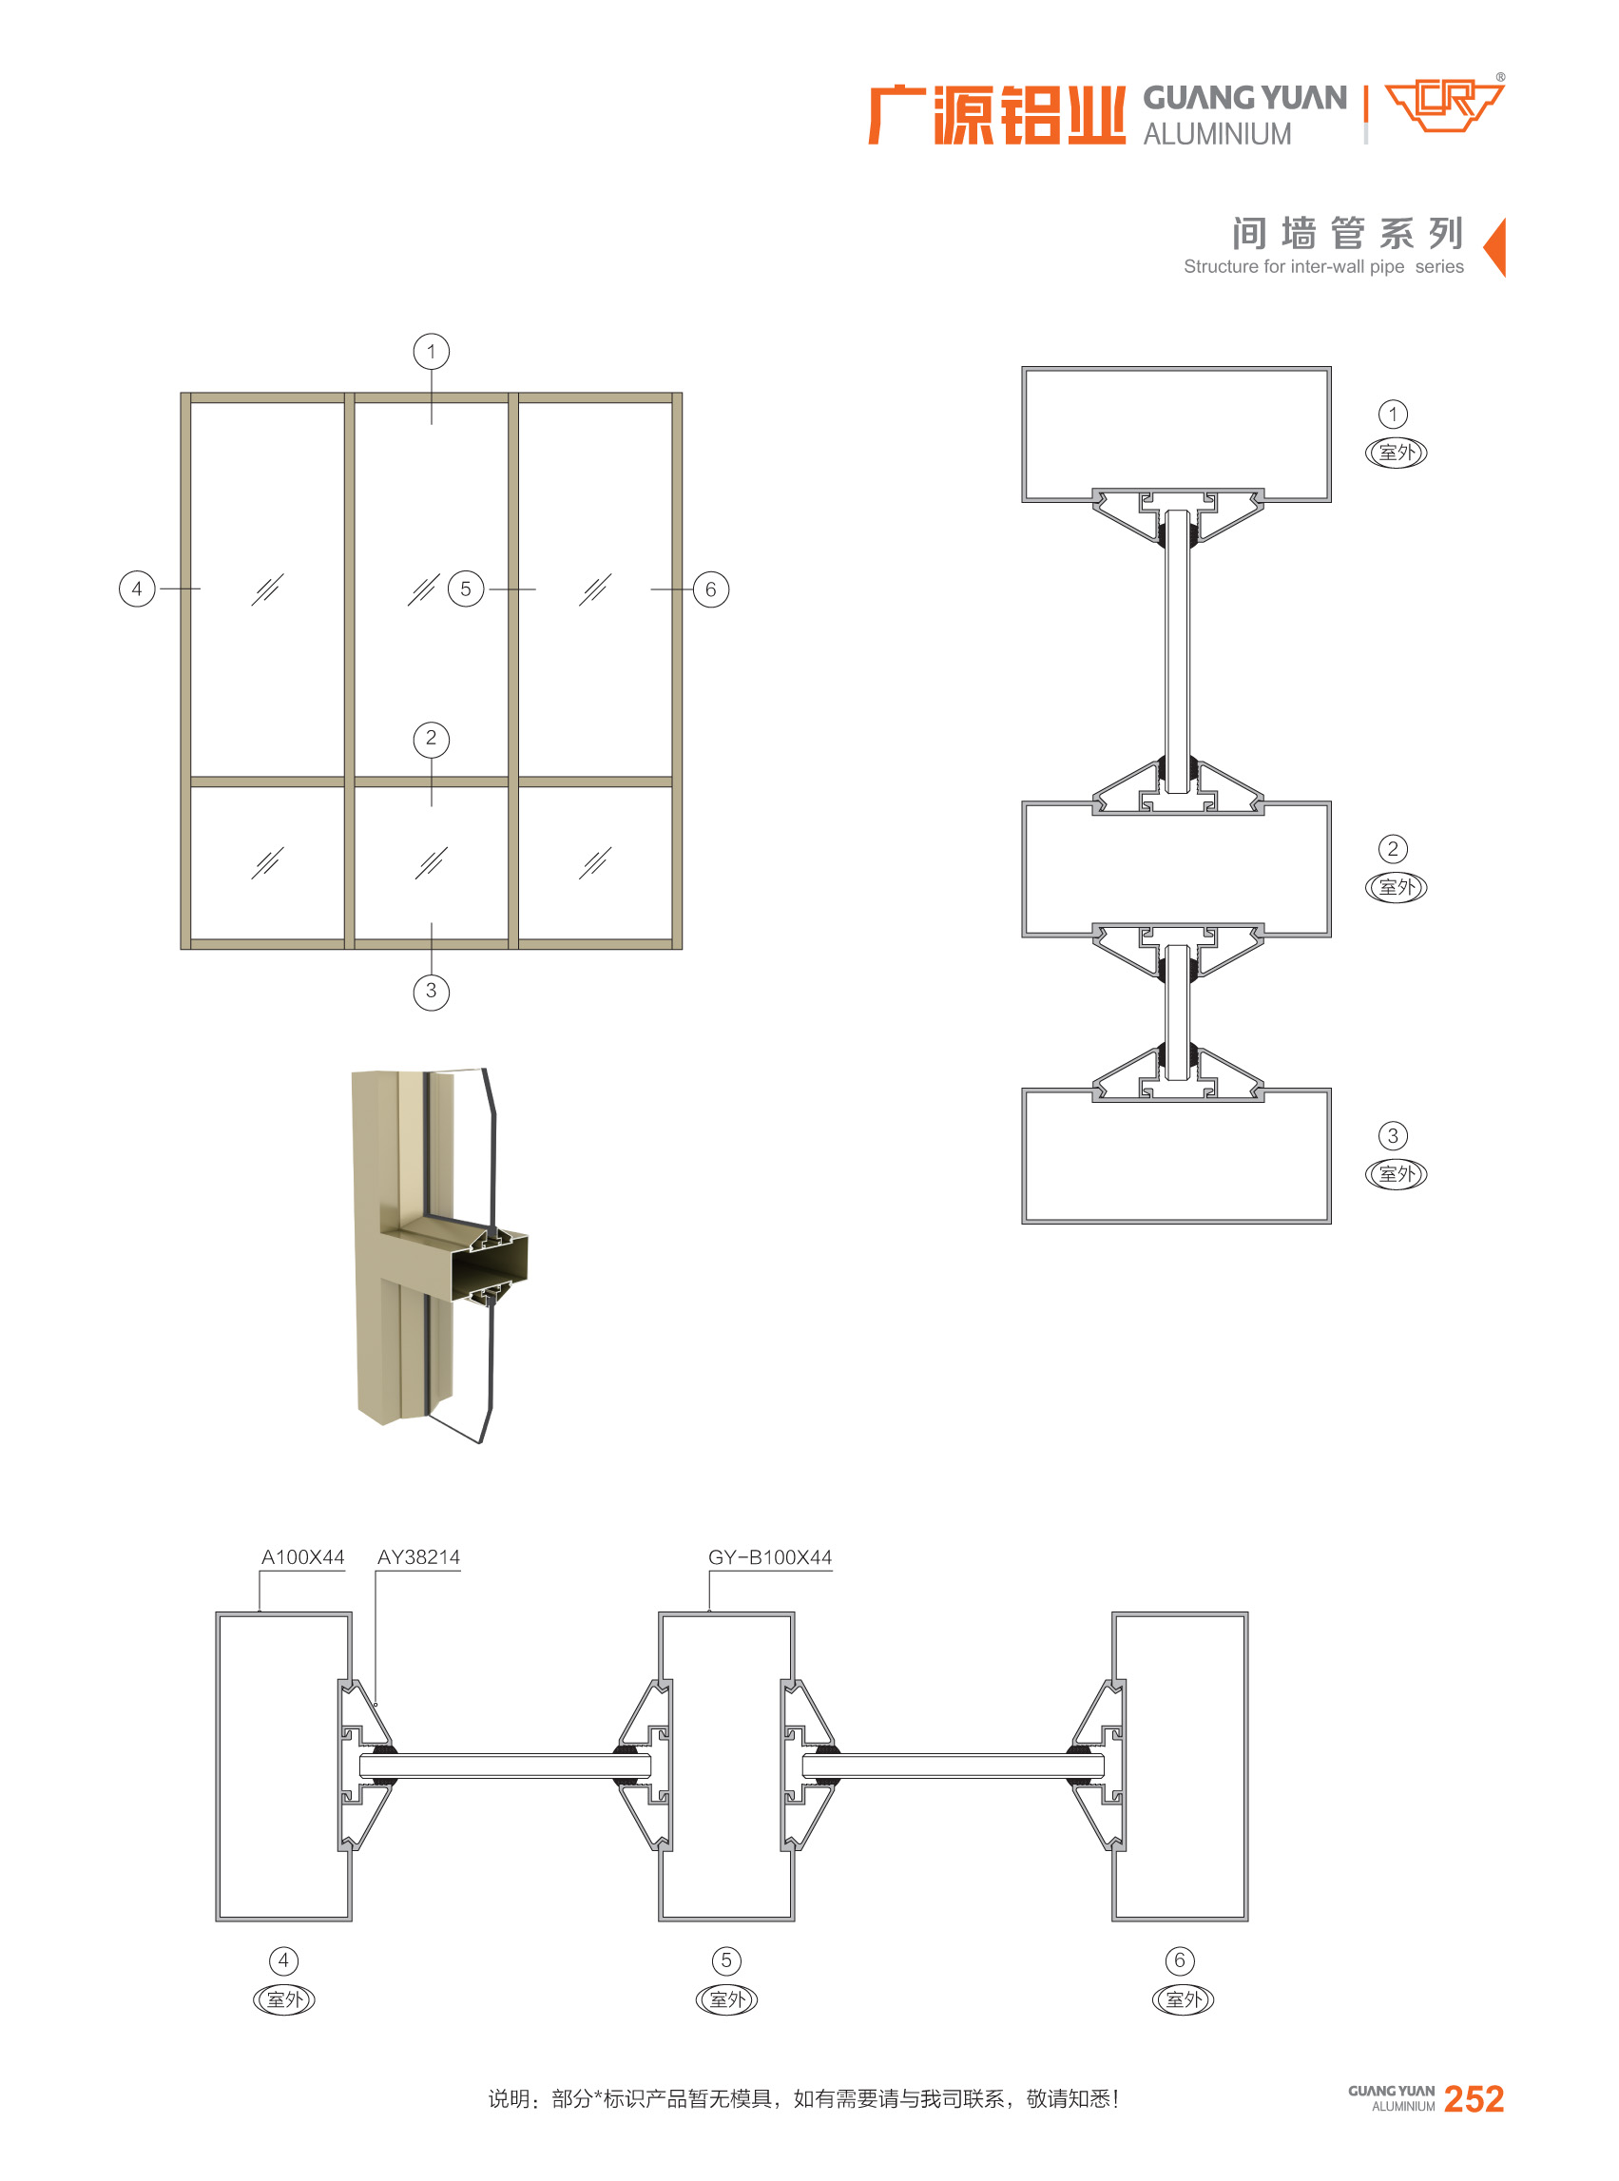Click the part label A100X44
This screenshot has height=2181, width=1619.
click(303, 1556)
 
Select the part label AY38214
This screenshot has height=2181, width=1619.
click(418, 1556)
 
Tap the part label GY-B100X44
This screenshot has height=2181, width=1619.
click(770, 1556)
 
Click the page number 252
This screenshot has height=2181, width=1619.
click(1474, 2097)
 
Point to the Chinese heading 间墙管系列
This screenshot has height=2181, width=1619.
click(1347, 233)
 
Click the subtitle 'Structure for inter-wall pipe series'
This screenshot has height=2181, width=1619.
click(1323, 266)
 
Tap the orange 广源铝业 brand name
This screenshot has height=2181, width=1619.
click(996, 116)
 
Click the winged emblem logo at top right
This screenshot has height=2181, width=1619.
click(1445, 105)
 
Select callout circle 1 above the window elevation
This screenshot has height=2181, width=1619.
click(432, 352)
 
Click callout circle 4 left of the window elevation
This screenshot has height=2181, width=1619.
click(137, 589)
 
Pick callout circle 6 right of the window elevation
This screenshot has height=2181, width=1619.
click(710, 590)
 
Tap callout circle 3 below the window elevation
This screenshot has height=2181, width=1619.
click(432, 991)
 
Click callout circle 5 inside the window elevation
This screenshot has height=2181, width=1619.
click(466, 589)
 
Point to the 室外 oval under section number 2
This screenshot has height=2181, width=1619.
click(1396, 887)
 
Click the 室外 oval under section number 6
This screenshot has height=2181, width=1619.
click(1183, 1999)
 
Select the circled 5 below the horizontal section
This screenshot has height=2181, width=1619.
click(726, 1960)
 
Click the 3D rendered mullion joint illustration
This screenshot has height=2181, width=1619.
click(440, 1255)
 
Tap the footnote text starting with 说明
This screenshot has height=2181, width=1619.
click(803, 2097)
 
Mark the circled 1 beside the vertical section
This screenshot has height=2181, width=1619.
click(1393, 414)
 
